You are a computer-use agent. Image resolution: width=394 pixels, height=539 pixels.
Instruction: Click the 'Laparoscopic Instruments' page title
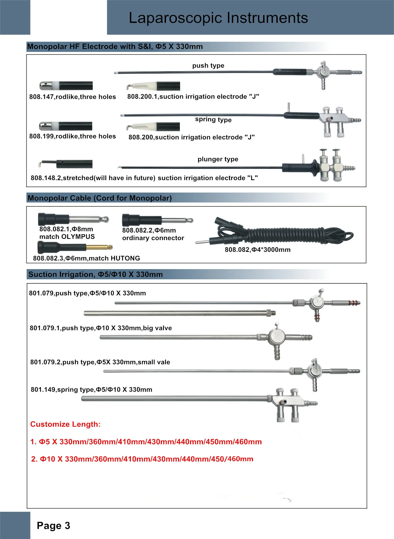click(x=218, y=18)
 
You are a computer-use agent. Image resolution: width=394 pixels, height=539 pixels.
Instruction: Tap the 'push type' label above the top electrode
click(x=208, y=66)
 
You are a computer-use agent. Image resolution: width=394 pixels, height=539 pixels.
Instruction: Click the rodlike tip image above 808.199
click(x=66, y=126)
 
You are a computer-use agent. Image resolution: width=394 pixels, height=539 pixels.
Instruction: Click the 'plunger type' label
click(x=218, y=159)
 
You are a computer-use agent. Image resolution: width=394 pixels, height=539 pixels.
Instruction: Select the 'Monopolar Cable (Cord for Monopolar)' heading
click(x=100, y=198)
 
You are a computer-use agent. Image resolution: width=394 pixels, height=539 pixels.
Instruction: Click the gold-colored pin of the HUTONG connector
click(x=99, y=247)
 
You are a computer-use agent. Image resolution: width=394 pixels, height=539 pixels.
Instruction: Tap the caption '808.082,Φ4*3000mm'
click(x=257, y=250)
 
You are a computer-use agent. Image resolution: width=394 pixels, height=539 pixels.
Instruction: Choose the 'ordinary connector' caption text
click(x=153, y=238)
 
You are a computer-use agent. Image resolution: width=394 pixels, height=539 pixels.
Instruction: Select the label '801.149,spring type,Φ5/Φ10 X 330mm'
click(x=91, y=390)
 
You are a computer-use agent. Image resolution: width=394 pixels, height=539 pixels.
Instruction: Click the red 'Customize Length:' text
click(x=65, y=424)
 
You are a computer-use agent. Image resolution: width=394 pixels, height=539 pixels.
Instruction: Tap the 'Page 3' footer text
click(x=53, y=526)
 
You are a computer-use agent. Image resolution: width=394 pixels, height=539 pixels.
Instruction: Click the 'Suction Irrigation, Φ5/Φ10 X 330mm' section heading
click(x=96, y=274)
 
